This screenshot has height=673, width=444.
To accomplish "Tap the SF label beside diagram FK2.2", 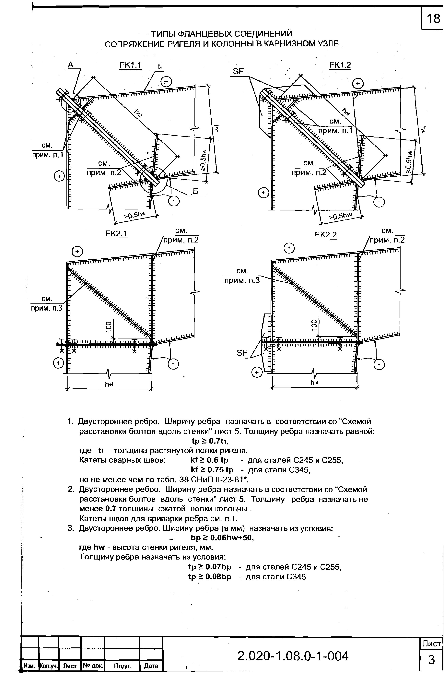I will tap(242, 353).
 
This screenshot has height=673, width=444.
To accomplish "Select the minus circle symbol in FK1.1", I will tap(174, 201).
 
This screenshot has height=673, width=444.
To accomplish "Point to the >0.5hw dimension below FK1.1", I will tap(135, 215).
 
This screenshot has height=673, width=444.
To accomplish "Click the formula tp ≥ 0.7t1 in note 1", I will tap(210, 441).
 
